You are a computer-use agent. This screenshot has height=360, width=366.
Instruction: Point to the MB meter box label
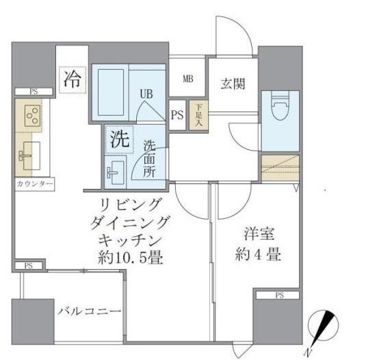[187, 78]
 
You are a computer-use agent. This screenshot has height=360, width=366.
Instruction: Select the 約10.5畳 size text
[131, 259]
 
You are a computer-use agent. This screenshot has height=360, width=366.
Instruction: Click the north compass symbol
[323, 326]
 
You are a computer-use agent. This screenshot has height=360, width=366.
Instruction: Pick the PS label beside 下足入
[177, 115]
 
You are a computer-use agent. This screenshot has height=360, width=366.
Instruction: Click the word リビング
[131, 204]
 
